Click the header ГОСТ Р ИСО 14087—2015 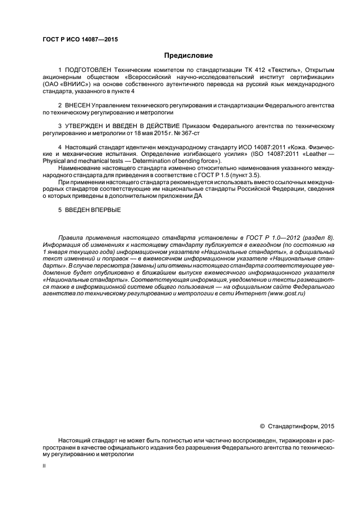(x=80, y=40)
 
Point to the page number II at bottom (x=44, y=466)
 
